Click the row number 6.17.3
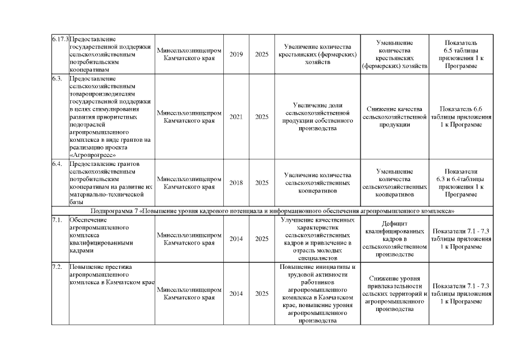[x=60, y=39]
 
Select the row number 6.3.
[x=56, y=78]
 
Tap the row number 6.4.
[x=56, y=164]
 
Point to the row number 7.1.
[x=56, y=219]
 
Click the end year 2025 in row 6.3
[x=262, y=117]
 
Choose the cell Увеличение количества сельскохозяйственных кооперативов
[x=318, y=183]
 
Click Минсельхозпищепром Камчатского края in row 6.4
[x=189, y=183]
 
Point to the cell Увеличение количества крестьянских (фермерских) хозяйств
[x=318, y=55]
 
